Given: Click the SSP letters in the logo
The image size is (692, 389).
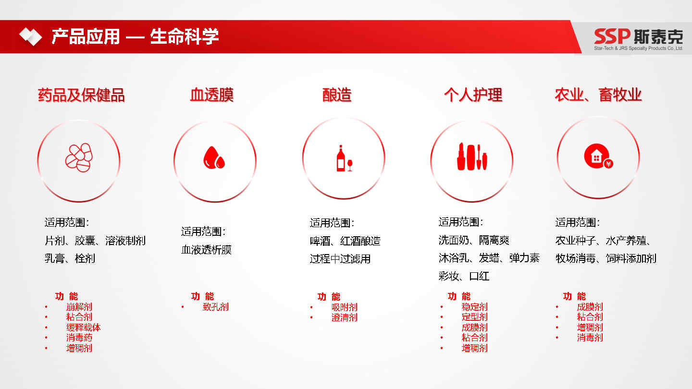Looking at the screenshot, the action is pyautogui.click(x=612, y=36).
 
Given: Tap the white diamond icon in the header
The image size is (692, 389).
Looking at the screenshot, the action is pyautogui.click(x=31, y=36).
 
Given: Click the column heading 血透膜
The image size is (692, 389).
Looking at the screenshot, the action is pyautogui.click(x=212, y=95).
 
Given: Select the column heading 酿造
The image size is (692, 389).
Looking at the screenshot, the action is pyautogui.click(x=337, y=95).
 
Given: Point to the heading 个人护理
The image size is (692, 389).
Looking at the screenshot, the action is pyautogui.click(x=473, y=95).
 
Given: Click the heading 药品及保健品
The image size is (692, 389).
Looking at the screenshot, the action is pyautogui.click(x=81, y=95).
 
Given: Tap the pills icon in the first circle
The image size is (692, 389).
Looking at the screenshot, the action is pyautogui.click(x=79, y=158).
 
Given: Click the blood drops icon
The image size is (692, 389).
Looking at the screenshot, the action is pyautogui.click(x=214, y=158).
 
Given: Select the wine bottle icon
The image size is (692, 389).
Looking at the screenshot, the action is pyautogui.click(x=344, y=158).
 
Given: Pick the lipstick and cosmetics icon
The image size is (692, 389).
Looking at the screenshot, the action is pyautogui.click(x=472, y=157).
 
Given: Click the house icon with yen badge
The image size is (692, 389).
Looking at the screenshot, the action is pyautogui.click(x=598, y=156).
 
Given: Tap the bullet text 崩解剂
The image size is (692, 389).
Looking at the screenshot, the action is pyautogui.click(x=79, y=307).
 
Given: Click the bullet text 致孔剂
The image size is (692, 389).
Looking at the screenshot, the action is pyautogui.click(x=216, y=307).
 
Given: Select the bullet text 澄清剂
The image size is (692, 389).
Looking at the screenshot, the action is pyautogui.click(x=345, y=317).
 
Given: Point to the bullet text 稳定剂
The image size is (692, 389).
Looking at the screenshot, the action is pyautogui.click(x=474, y=307).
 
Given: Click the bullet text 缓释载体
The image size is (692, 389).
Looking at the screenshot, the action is pyautogui.click(x=84, y=327).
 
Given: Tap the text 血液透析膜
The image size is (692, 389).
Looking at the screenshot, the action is pyautogui.click(x=206, y=250).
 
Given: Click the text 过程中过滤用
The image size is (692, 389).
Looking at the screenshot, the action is pyautogui.click(x=340, y=259).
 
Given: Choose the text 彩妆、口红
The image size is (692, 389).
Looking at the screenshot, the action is pyautogui.click(x=464, y=276).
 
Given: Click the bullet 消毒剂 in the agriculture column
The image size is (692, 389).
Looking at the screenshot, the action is pyautogui.click(x=590, y=338).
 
